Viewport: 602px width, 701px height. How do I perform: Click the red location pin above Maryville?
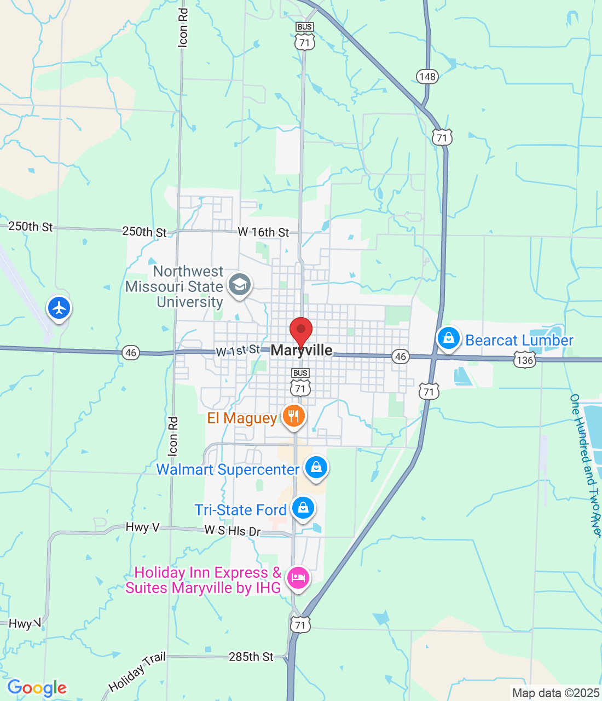click(300, 330)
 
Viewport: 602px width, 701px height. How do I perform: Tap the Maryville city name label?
click(302, 350)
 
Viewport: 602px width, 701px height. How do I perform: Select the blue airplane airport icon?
click(59, 308)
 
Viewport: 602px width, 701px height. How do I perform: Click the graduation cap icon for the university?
click(239, 284)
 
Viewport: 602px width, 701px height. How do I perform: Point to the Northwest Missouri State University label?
click(175, 286)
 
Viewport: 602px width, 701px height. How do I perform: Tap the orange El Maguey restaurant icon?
click(294, 416)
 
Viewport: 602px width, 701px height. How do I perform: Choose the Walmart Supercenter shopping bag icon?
click(316, 467)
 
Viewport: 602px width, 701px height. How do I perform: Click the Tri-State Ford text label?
click(241, 510)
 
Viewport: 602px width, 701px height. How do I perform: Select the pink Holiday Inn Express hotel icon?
click(298, 578)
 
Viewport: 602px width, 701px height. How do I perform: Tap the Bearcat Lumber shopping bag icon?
click(448, 338)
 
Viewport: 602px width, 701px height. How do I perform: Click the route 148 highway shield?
click(427, 76)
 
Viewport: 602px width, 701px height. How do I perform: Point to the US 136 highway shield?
click(524, 360)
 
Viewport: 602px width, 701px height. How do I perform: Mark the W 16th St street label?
click(263, 232)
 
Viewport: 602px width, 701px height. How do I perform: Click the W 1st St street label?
click(238, 350)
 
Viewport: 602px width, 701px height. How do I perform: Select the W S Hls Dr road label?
click(233, 531)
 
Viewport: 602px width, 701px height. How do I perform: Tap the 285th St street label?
click(251, 657)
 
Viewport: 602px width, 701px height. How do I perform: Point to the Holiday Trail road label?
click(137, 673)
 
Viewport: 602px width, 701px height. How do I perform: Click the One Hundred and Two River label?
click(586, 466)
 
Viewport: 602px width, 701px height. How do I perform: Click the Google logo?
click(37, 688)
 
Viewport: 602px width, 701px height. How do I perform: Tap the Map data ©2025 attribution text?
click(555, 693)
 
